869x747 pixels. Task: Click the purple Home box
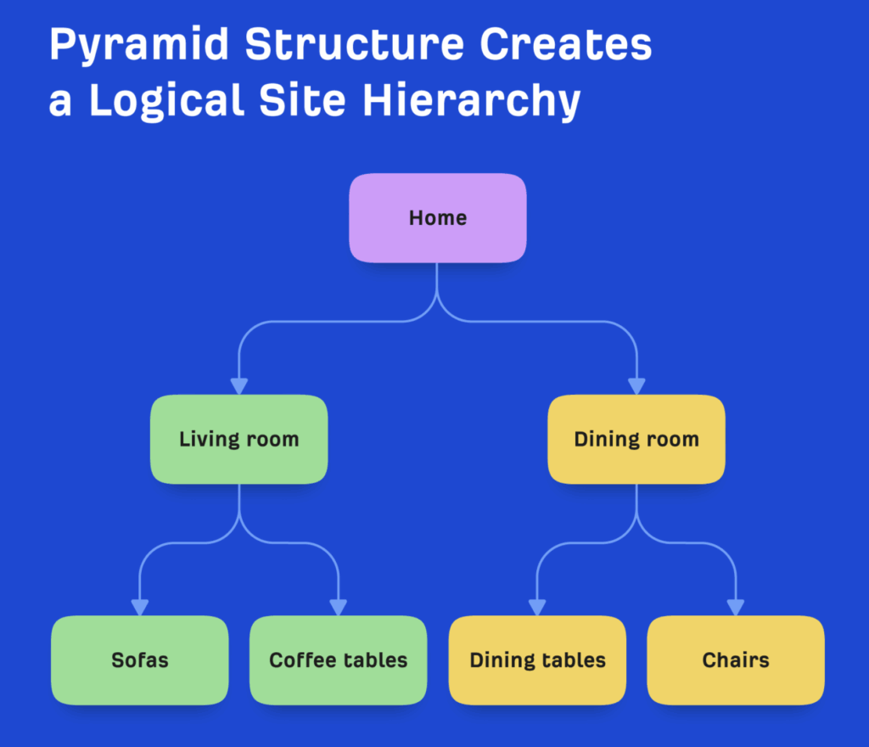click(x=438, y=218)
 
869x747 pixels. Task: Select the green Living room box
click(x=238, y=440)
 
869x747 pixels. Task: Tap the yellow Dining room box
click(x=636, y=440)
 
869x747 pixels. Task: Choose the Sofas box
click(x=140, y=660)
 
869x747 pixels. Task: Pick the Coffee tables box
click(x=338, y=660)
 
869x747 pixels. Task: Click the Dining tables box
click(x=537, y=660)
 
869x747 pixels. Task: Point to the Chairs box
click(x=736, y=660)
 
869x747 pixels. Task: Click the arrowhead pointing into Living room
click(x=239, y=386)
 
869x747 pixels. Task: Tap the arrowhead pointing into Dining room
click(x=636, y=386)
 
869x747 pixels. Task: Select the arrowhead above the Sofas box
click(x=140, y=607)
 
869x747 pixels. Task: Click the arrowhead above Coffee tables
click(x=338, y=607)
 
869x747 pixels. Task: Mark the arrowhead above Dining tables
click(x=537, y=607)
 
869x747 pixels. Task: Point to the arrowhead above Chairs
click(x=736, y=607)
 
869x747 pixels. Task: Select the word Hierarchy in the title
click(x=472, y=101)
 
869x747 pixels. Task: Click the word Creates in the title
click(x=566, y=45)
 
